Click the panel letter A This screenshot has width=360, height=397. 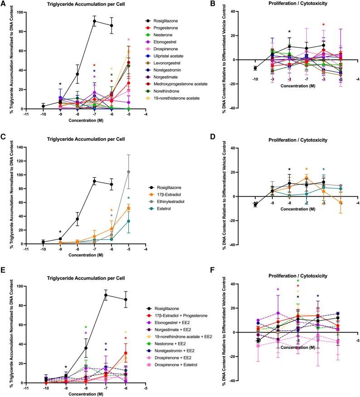click(4, 4)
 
